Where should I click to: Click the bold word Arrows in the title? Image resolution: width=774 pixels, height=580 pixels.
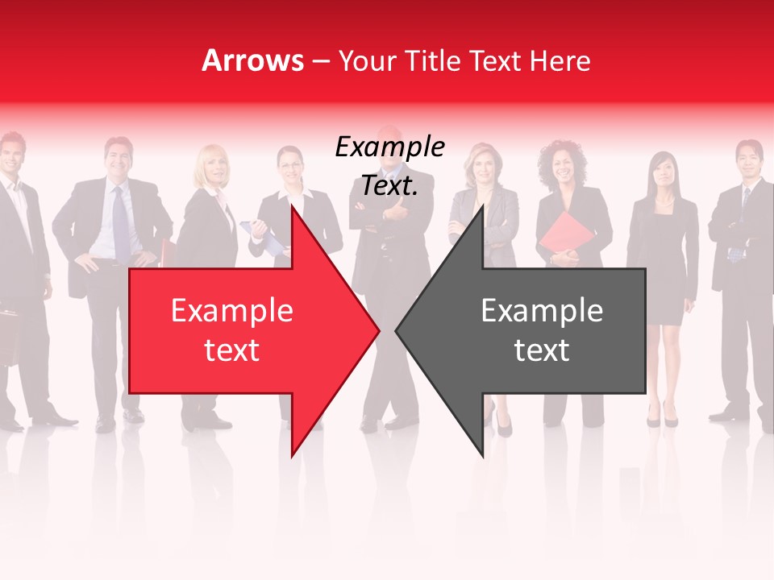[252, 60]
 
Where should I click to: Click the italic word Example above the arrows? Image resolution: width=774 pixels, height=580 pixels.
[389, 147]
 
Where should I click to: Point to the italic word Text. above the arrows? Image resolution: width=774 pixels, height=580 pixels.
[389, 186]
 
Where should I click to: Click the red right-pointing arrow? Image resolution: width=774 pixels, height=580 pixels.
[242, 330]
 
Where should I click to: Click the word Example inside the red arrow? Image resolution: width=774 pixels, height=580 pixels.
[231, 311]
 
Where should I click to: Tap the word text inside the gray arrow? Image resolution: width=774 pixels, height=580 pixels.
[542, 350]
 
